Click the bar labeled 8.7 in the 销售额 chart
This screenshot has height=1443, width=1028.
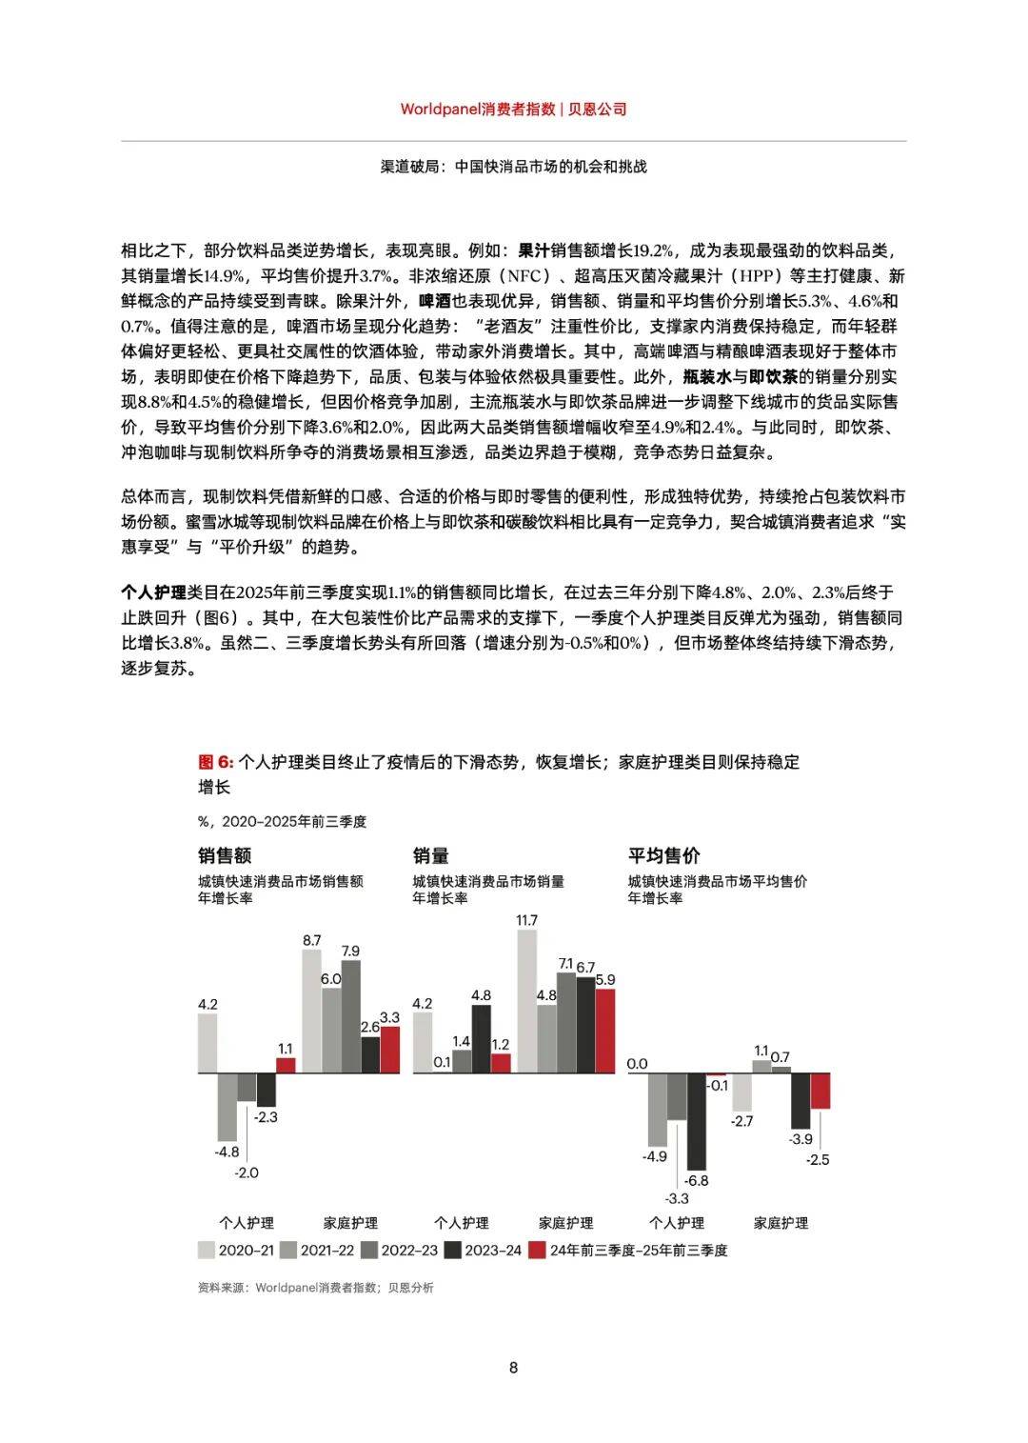pos(311,1011)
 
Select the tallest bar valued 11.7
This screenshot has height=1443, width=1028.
pos(526,1001)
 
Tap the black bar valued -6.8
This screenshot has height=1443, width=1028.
pos(697,1121)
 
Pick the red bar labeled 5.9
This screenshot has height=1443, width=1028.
pos(604,1031)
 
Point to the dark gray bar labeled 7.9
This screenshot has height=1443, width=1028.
pos(350,1016)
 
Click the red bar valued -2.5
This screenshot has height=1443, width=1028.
pos(820,1091)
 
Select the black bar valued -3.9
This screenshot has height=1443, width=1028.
pos(801,1100)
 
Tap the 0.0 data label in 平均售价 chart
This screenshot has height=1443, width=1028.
pos(637,1064)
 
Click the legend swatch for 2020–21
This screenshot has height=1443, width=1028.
pos(207,1250)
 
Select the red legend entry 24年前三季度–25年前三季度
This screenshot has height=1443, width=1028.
pos(628,1250)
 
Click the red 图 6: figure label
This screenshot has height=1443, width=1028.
pos(215,762)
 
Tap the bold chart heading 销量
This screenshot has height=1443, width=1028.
pos(430,855)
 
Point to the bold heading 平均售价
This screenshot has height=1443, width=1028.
pos(663,855)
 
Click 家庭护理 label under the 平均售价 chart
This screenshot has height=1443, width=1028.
pos(781,1222)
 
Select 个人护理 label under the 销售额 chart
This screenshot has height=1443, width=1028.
pos(247,1222)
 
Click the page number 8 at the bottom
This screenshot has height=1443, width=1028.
pos(514,1368)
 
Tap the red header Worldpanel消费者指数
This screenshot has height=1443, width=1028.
pos(478,109)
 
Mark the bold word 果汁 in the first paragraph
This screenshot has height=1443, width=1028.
pos(534,251)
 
